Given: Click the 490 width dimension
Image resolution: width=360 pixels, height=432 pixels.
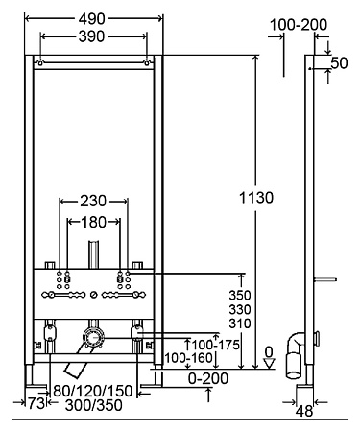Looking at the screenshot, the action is coord(92,19).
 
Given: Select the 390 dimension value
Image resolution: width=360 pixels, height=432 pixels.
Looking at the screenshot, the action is coord(92,36).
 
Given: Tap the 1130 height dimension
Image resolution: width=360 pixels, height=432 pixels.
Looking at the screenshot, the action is coord(256,198).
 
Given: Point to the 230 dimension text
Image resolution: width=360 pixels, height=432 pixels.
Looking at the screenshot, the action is coord(93,201).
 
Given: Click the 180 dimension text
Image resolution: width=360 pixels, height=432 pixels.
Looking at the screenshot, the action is coord(93,222).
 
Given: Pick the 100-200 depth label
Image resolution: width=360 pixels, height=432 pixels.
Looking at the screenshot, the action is coord(299,25).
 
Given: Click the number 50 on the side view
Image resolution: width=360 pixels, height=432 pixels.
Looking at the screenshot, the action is coord(339,63).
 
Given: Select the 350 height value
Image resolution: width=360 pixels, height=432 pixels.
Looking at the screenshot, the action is coord(240,295).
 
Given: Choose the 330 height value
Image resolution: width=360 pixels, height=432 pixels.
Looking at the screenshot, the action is coord(240,309).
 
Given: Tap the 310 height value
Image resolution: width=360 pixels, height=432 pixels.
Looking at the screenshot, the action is coord(240,324).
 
